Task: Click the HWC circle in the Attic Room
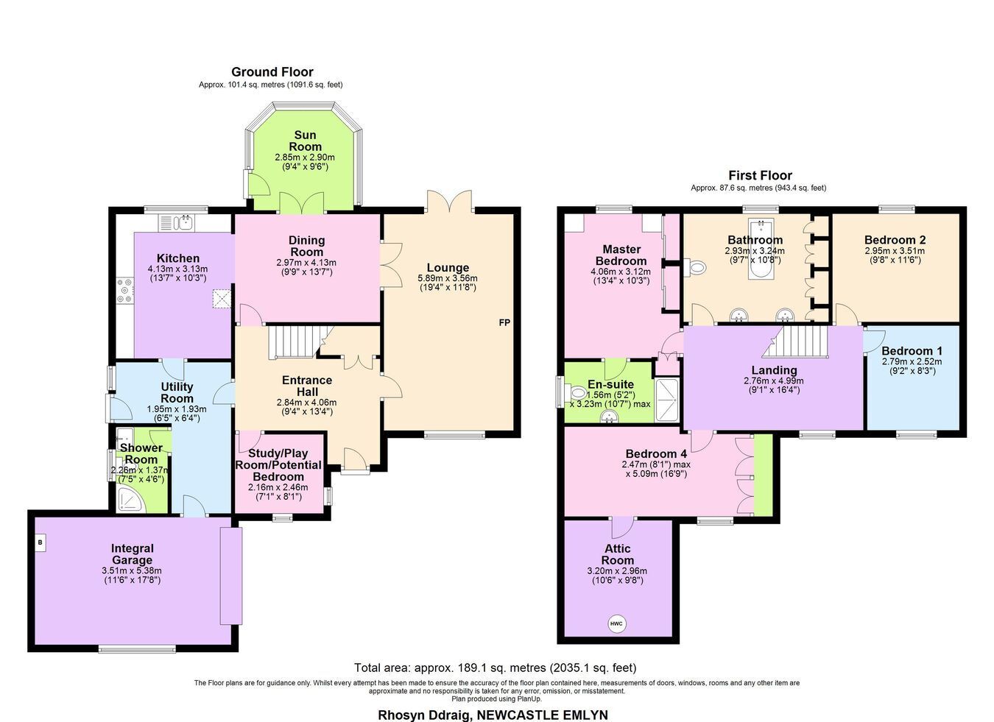[x=616, y=623]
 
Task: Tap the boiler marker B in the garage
[x=40, y=542]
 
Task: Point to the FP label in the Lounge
[x=504, y=323]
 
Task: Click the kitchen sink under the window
[x=176, y=222]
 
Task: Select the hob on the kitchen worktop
[x=125, y=291]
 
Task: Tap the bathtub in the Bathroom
[x=761, y=248]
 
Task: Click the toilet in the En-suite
[x=577, y=392]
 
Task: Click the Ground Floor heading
[x=272, y=72]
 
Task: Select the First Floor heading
[x=760, y=175]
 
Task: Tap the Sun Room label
[x=305, y=141]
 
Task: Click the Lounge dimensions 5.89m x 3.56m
[x=448, y=278]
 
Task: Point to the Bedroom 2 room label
[x=895, y=240]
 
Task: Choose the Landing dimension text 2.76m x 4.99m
[x=773, y=381]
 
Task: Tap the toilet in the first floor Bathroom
[x=695, y=267]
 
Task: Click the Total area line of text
[x=496, y=668]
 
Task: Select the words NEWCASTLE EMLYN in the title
[x=541, y=715]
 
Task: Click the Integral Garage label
[x=132, y=554]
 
